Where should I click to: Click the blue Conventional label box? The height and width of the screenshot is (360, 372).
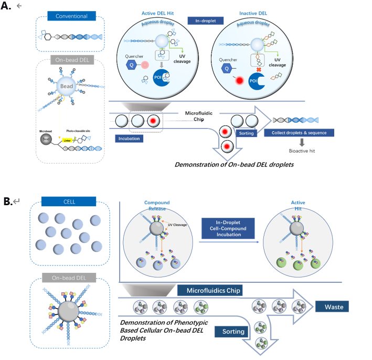72,16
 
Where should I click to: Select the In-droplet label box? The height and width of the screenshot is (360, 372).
206,20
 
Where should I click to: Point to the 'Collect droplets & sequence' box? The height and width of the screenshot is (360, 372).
299,133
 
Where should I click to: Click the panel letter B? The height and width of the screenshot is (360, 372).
8,201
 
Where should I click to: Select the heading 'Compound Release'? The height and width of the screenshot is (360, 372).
157,206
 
